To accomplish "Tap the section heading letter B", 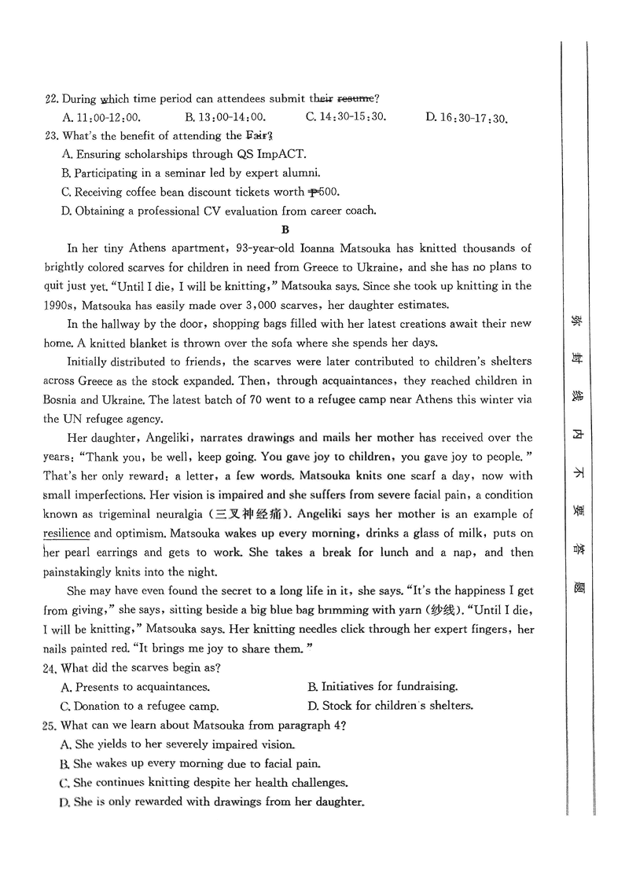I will click(285, 230).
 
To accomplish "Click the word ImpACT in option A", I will click(281, 154).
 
